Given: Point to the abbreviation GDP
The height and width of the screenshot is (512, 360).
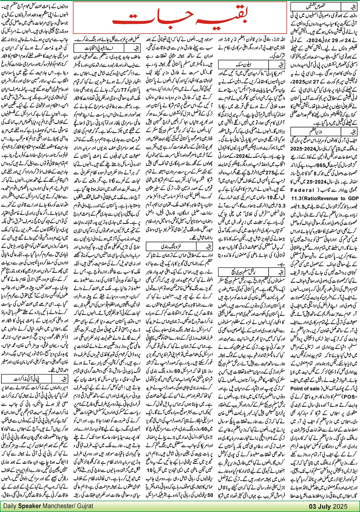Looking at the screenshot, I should pos(353,198).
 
